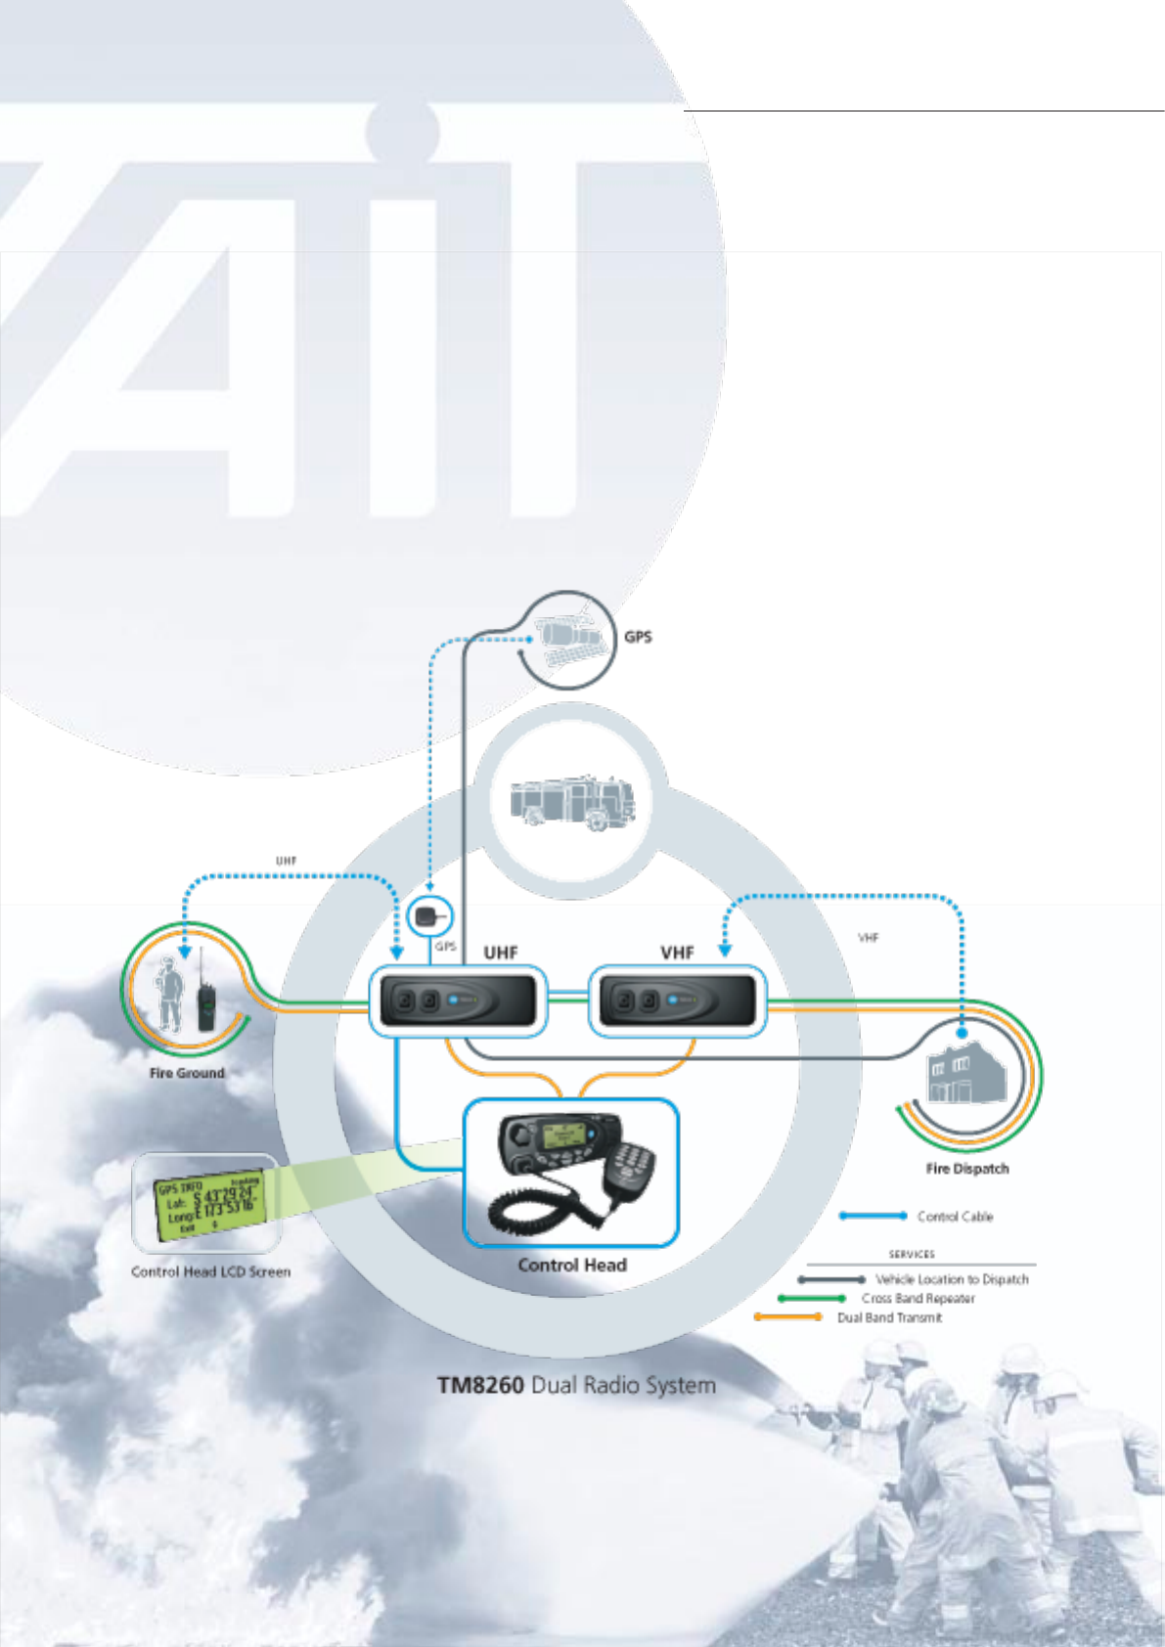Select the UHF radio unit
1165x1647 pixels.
458,1001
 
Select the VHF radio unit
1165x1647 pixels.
677,1001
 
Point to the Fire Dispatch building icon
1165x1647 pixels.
966,1076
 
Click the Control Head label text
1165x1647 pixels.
572,1265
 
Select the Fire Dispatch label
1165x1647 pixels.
966,1169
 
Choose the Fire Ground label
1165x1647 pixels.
187,1073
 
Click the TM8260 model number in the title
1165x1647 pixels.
480,1386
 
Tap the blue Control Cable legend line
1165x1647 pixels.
874,1216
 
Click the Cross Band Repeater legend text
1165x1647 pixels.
918,1299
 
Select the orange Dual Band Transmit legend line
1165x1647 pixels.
787,1317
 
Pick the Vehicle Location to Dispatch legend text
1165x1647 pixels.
952,1279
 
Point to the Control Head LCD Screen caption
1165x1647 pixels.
210,1271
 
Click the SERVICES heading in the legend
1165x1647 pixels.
912,1254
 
